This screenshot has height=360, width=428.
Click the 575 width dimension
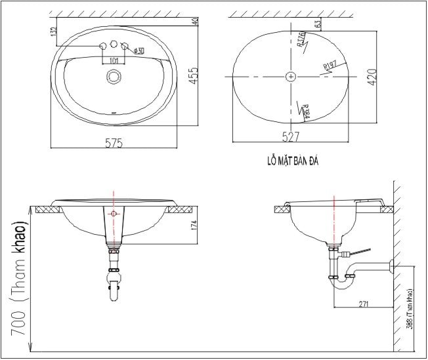[115, 142]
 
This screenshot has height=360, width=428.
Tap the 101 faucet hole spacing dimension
[114, 61]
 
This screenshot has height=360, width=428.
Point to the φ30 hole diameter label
[139, 50]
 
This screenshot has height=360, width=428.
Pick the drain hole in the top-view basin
[114, 77]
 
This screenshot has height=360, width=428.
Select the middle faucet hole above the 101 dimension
[114, 45]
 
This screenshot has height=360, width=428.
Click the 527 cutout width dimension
[290, 137]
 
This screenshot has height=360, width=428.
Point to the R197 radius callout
[330, 65]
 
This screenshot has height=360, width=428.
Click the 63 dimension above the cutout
[318, 24]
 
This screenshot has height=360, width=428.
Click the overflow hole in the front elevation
[114, 214]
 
